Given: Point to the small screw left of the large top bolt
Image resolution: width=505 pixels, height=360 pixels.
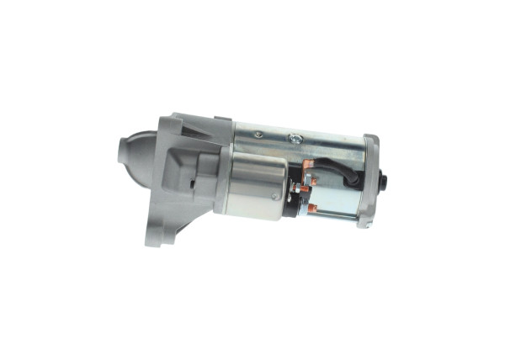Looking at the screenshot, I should pos(258,134).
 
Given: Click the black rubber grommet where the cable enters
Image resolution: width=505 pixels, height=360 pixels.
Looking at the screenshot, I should pos(352,178).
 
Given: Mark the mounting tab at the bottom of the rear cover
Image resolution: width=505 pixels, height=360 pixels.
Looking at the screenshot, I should pos(364,221).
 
